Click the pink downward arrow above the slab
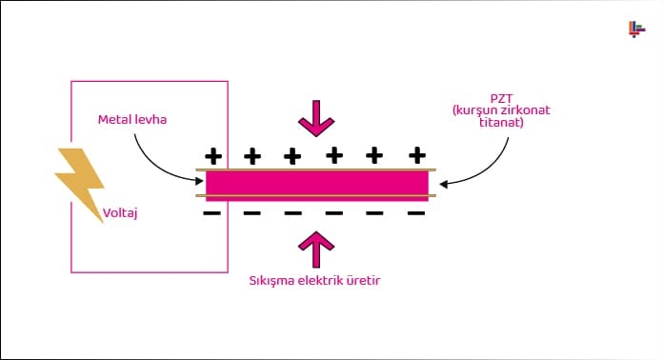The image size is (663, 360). tap(316, 117)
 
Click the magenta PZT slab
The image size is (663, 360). tap(316, 183)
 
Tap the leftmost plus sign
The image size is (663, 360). tap(213, 154)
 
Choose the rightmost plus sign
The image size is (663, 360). tap(416, 154)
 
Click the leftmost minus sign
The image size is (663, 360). tap(211, 213)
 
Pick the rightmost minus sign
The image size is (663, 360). tap(416, 213)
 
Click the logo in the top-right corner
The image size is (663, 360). tap(636, 30)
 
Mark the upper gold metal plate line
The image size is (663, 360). tap(316, 170)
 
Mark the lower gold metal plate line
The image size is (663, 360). tap(316, 197)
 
